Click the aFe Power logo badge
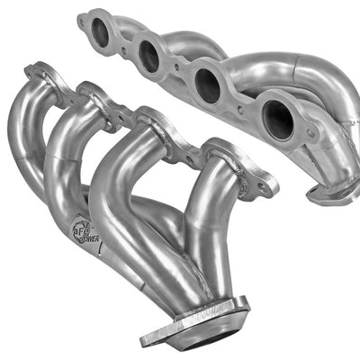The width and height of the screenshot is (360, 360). click(x=84, y=232)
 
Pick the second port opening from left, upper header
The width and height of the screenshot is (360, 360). click(x=148, y=57)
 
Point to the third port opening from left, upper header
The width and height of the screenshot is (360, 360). click(x=208, y=85)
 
